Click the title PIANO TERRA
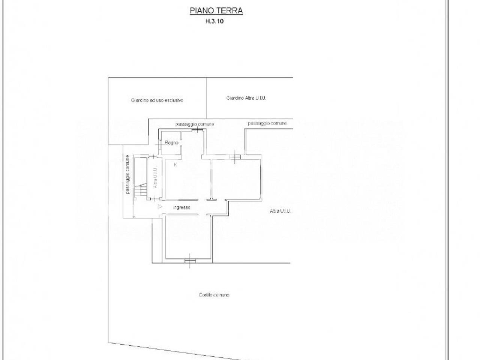[216, 10]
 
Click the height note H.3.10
[214, 21]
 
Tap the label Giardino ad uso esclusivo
[157, 100]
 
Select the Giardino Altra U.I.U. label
[246, 98]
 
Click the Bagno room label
[172, 143]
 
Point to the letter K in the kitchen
[175, 165]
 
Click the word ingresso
[182, 207]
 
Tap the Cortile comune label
[214, 295]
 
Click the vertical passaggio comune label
[128, 174]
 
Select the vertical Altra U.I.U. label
[155, 177]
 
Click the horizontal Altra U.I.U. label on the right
[280, 211]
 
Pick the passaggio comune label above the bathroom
[195, 124]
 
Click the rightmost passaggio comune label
[267, 123]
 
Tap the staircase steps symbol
[140, 189]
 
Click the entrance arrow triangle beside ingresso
[160, 207]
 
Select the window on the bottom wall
[190, 261]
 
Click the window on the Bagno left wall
[160, 145]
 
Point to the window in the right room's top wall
[235, 157]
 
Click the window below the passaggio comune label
[197, 130]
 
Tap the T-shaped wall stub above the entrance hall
[211, 199]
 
